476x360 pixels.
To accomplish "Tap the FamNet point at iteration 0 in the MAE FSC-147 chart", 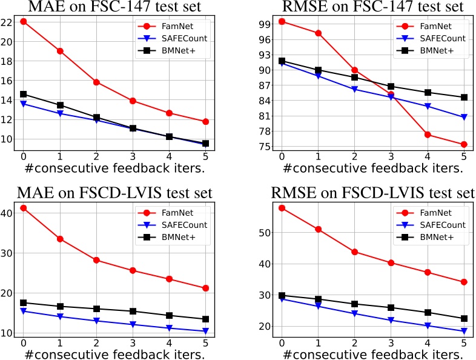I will coord(23,22).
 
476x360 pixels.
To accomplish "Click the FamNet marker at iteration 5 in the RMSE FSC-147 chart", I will coord(464,144).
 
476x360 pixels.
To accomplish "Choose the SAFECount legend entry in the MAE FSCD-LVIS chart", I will coord(182,225).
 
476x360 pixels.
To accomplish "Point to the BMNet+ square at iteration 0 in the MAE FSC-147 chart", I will coord(23,94).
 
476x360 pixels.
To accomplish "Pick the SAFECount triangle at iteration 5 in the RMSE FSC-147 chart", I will coord(464,117).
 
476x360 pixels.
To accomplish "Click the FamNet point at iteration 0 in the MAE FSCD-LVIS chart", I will coord(23,208).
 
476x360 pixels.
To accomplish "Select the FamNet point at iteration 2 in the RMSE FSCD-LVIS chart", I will coord(354,252).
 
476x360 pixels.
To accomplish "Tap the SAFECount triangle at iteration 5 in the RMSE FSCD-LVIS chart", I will coord(464,331).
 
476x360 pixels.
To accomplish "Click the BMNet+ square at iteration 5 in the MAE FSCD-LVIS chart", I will coord(206,319).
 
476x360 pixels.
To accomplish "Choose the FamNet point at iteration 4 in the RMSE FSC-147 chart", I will coord(428,135).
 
